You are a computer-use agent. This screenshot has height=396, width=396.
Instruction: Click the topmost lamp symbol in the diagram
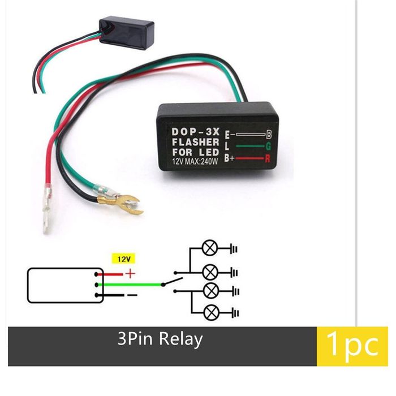(208, 247)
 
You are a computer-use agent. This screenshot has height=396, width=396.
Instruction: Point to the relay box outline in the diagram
(65, 285)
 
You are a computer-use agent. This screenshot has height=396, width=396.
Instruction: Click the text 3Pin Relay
(160, 339)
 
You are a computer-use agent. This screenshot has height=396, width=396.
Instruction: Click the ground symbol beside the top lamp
(234, 247)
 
